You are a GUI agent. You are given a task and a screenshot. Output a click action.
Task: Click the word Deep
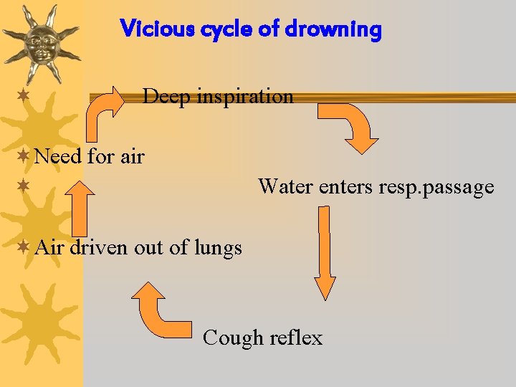(166, 96)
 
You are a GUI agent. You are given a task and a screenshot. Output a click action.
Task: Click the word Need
(57, 156)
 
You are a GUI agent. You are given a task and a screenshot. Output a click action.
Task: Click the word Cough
(229, 338)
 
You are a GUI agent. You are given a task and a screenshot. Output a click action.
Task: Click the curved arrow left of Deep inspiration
(102, 115)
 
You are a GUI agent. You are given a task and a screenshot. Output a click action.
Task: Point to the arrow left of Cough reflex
(161, 310)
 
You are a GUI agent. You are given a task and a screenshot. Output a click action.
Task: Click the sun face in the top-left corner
(40, 41)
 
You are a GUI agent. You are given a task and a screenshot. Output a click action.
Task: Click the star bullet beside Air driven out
(24, 247)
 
